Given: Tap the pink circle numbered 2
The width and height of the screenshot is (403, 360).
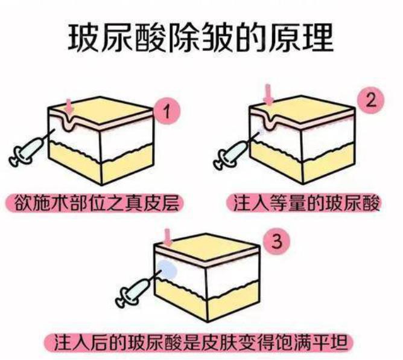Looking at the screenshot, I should [x=371, y=100].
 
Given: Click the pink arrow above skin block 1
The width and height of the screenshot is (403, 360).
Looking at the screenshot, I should [x=70, y=107].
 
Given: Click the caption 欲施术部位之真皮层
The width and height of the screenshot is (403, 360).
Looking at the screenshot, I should [x=95, y=203].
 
